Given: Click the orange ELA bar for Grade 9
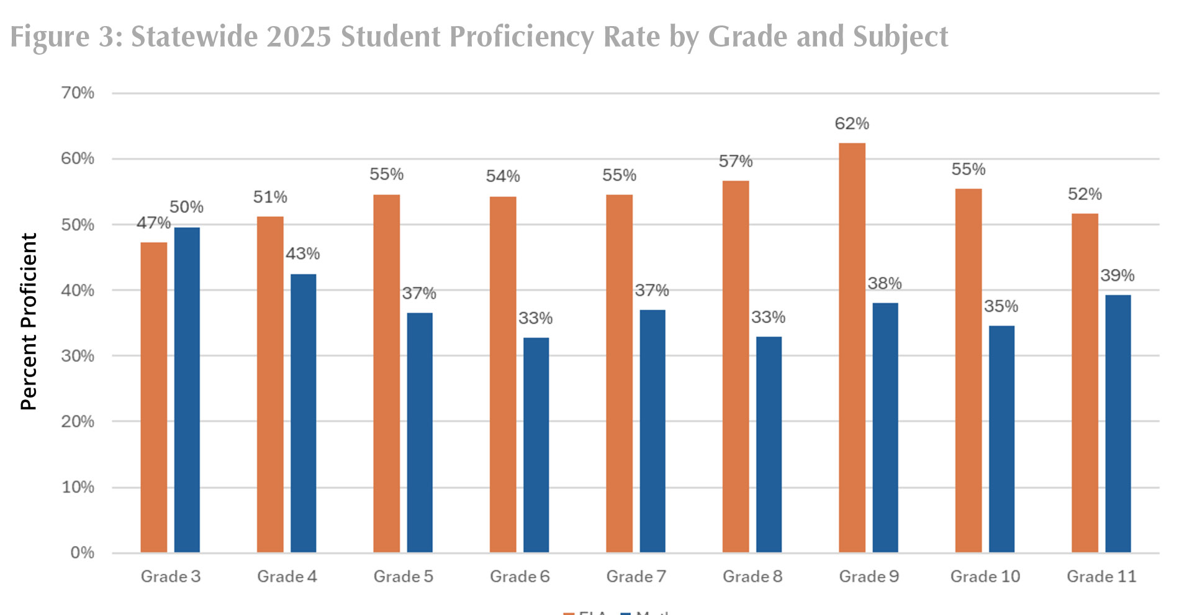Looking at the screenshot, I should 852,348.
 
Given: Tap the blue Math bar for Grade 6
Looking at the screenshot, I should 536,445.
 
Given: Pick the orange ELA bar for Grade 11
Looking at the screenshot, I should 1085,383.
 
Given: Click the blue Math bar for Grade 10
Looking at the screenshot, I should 1001,439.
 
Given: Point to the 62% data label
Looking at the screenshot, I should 852,124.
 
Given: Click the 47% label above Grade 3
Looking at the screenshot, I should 153,222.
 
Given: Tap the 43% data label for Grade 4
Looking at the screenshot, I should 302,253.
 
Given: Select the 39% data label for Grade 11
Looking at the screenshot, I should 1117,275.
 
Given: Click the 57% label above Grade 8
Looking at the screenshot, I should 736,162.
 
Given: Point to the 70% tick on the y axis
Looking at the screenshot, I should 78,93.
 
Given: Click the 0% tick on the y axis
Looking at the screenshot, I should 82,552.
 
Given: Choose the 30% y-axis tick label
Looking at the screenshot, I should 78,356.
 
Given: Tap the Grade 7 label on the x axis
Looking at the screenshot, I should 636,576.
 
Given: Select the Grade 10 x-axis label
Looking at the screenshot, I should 985,576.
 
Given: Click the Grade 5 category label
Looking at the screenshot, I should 403,576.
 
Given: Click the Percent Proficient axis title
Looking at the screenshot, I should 29,322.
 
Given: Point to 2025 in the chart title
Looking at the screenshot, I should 299,36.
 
